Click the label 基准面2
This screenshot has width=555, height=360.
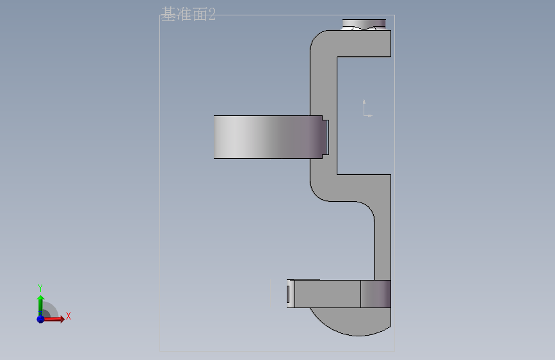pyautogui.click(x=188, y=15)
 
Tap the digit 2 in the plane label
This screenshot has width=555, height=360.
pyautogui.click(x=212, y=15)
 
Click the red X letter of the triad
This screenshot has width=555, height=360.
pyautogui.click(x=68, y=316)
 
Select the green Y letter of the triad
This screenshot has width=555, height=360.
pyautogui.click(x=40, y=288)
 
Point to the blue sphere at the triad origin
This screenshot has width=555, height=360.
pyautogui.click(x=41, y=319)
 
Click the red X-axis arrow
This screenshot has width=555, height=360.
pyautogui.click(x=53, y=319)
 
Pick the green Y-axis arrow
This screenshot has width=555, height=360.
pyautogui.click(x=41, y=306)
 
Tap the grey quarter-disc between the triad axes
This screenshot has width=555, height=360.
pyautogui.click(x=49, y=310)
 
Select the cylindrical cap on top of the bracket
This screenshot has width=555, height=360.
pyautogui.click(x=364, y=24)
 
